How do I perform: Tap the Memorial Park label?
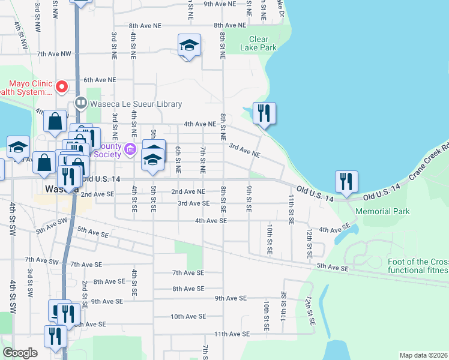[x=382, y=211]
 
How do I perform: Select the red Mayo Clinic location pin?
[x=61, y=88]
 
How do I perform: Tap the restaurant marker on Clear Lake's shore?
[x=264, y=113]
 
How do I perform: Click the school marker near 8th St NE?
[x=189, y=46]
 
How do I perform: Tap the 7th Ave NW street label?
[x=53, y=54]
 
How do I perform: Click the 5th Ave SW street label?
[x=52, y=226]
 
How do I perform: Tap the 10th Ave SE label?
[x=188, y=316]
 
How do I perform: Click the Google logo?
[x=20, y=353]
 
